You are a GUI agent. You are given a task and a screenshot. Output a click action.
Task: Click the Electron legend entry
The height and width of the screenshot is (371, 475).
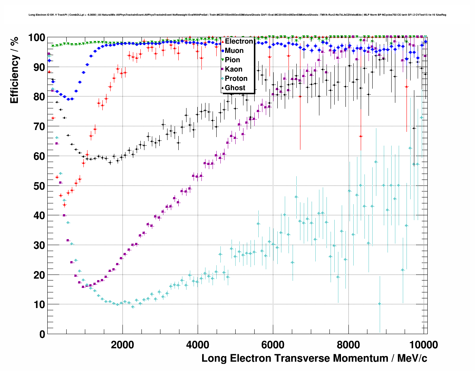pos(239,41)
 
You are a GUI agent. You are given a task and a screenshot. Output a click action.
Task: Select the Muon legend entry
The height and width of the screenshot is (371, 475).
pos(234,51)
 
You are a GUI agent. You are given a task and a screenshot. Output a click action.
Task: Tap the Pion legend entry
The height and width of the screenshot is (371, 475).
pos(232,60)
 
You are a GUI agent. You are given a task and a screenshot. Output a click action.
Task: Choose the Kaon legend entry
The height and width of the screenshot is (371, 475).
pos(233,69)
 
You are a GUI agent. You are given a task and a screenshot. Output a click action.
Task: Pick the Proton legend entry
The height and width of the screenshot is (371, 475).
pos(236,79)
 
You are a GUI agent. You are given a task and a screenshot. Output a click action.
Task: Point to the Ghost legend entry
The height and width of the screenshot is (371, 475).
pos(235,88)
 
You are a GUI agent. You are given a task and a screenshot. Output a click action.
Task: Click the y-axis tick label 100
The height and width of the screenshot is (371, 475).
pos(36,38)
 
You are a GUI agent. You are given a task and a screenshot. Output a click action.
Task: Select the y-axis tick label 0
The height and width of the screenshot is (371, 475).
pos(42,334)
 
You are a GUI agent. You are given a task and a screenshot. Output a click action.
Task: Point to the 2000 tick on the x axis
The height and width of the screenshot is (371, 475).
pos(122,345)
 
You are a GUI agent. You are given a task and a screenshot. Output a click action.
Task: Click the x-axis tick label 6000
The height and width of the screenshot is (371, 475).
pos(273,345)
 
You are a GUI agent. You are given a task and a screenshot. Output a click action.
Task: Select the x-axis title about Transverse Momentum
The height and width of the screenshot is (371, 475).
pos(314,358)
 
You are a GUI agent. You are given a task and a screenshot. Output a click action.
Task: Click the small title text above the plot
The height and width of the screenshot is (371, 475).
pos(237,15)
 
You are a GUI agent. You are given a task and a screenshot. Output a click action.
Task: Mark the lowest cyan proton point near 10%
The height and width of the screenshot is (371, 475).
pos(379,304)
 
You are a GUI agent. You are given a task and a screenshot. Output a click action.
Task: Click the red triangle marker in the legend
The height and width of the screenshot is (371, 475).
pos(223,41)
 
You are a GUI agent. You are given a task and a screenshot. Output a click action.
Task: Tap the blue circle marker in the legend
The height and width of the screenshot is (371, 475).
pos(223,51)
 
